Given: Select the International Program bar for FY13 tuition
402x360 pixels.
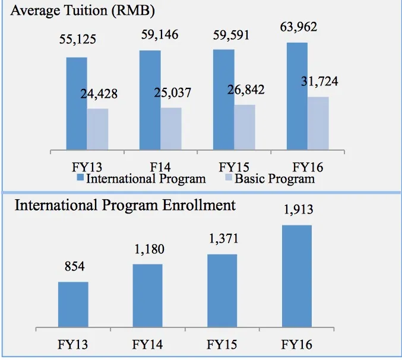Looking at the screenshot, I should coord(77,103).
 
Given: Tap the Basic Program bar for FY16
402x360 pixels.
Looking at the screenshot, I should coord(318,123).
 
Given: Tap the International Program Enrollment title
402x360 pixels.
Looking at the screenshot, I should coord(125,205).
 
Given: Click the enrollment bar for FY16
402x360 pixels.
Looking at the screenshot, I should coord(296,275).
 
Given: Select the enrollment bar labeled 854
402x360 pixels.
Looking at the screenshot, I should coord(73,304).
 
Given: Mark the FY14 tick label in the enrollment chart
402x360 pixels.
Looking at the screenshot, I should coord(148,344).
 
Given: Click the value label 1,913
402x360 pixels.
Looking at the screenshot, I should coord(297,210).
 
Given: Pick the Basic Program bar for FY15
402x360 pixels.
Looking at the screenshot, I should coord(245,127).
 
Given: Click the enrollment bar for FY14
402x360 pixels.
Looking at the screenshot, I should coord(148,295).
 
